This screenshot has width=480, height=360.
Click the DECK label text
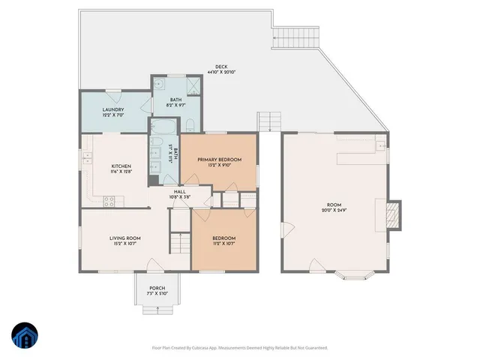click(221, 66)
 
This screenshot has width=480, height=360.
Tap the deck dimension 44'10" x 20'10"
click(221, 72)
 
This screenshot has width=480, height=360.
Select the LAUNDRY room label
click(113, 109)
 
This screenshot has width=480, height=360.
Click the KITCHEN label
click(121, 166)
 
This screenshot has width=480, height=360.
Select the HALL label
click(180, 191)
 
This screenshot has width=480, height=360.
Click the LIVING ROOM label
click(125, 238)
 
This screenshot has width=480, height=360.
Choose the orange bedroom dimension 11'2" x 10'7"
click(225, 244)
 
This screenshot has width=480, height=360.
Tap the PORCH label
click(157, 288)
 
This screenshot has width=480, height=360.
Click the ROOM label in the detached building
click(334, 204)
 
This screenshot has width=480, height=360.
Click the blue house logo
click(25, 336)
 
